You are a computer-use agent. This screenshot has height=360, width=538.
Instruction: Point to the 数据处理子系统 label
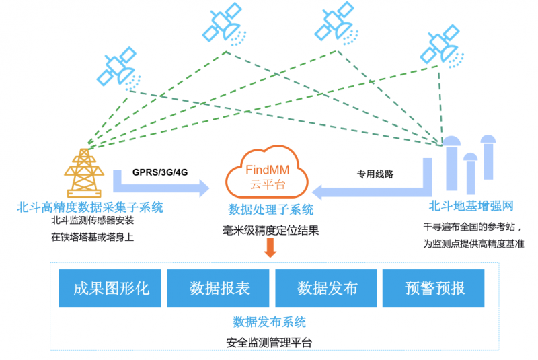point(270,209)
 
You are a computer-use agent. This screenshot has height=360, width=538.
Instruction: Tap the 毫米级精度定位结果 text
point(270,230)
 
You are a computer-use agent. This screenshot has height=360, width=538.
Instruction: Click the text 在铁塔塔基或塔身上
point(92,236)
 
